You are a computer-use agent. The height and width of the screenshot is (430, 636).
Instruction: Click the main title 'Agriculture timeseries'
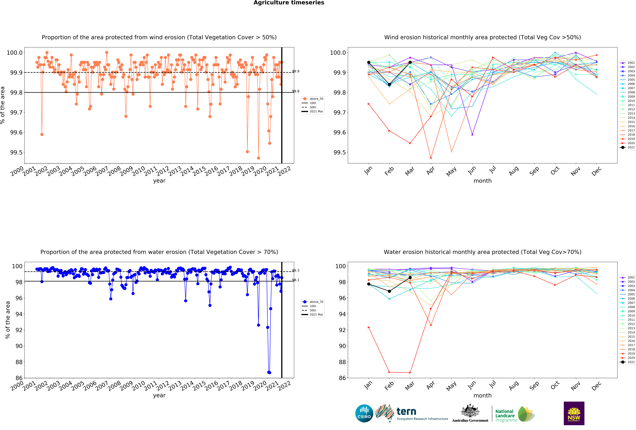289,3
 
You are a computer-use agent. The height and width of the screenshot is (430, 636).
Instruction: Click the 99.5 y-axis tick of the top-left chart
16,152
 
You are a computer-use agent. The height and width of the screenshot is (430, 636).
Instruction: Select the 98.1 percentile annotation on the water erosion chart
296,280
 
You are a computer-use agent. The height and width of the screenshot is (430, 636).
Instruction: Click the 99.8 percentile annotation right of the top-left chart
296,91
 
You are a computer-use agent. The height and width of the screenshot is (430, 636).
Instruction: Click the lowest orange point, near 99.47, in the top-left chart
258,158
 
